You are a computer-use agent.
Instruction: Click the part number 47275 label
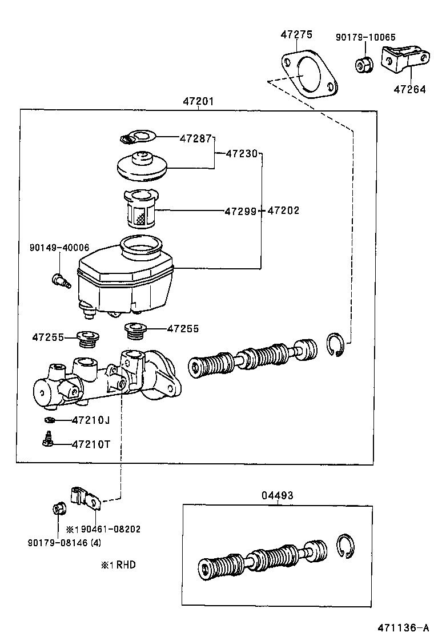click(296, 35)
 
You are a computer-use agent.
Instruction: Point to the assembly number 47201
click(198, 102)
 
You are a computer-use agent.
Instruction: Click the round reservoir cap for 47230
click(143, 166)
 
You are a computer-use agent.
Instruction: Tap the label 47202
click(283, 210)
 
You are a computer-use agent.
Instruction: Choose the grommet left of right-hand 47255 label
click(136, 331)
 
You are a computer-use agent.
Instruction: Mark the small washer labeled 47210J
click(50, 420)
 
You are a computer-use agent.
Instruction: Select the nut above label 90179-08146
click(58, 508)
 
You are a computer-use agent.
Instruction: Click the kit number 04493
click(278, 495)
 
